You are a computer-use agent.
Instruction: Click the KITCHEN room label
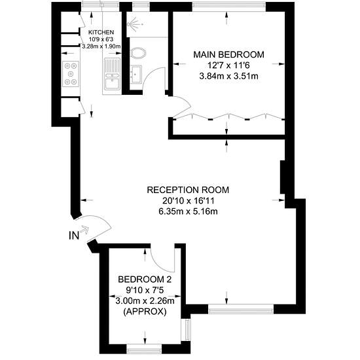(x=101, y=32)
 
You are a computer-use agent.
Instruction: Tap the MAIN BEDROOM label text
(x=228, y=54)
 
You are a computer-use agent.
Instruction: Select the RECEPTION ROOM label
(x=188, y=190)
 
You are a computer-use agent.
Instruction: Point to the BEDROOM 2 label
(x=145, y=279)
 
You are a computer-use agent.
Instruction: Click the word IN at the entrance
(x=74, y=236)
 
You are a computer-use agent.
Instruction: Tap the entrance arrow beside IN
(x=84, y=230)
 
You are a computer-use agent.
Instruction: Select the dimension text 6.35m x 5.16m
(x=188, y=211)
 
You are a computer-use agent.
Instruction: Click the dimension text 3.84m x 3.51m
(x=228, y=76)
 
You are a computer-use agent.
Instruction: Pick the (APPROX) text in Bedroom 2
(x=145, y=312)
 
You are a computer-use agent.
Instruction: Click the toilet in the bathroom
(x=137, y=53)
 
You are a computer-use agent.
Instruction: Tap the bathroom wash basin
(x=135, y=74)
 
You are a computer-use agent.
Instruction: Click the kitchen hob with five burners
(x=71, y=74)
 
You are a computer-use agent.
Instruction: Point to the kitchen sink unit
(x=112, y=74)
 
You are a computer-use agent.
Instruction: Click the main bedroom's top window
(x=228, y=5)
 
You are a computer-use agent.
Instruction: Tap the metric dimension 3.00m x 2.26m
(x=145, y=301)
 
